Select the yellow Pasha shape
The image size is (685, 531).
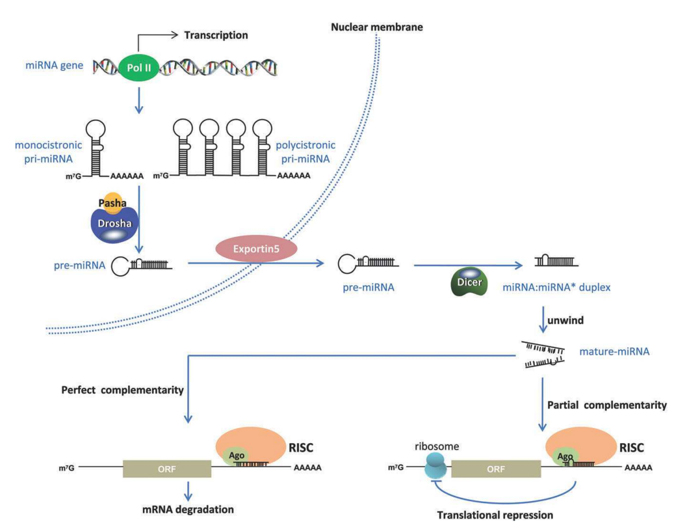point(111,202)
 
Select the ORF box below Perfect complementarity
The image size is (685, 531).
point(166,467)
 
